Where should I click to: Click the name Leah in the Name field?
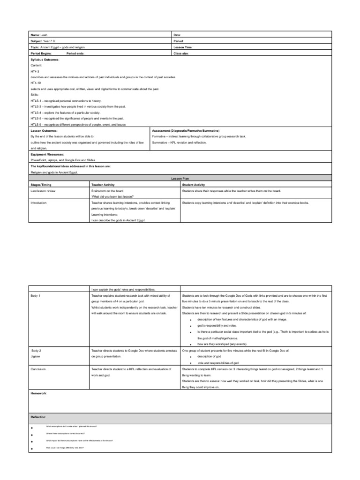pos(44,35)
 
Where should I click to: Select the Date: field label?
pos(177,35)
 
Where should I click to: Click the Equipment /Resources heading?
pos(47,154)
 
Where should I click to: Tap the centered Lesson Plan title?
pos(180,179)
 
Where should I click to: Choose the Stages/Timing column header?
pos(41,185)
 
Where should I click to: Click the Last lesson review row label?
pos(44,191)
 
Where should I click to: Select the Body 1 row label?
pos(36,296)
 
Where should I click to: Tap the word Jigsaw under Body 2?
pos(36,357)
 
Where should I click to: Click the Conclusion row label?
pos(38,369)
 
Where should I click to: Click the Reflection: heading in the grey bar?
pos(39,417)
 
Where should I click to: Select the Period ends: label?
pos(76,53)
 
